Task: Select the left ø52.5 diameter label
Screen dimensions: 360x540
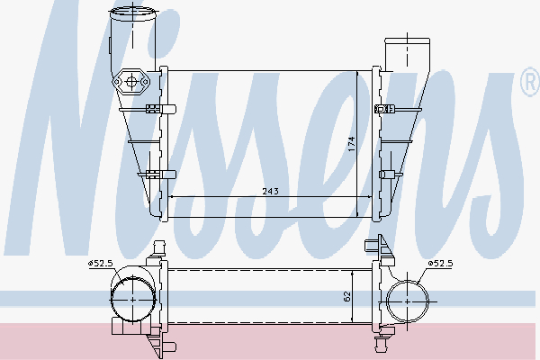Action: [x=100, y=263]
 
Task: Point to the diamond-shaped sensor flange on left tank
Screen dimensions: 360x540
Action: [x=132, y=84]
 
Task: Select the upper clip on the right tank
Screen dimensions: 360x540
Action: [x=388, y=109]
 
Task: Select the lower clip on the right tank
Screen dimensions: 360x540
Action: [x=388, y=174]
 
